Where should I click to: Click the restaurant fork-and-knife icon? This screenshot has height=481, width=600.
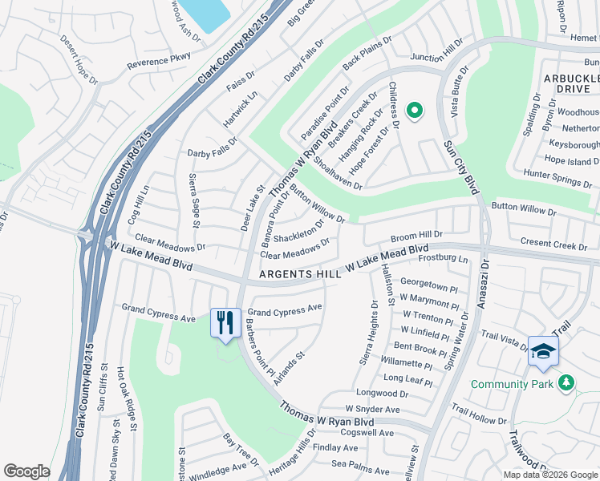[x=225, y=323]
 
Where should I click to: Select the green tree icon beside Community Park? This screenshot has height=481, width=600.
[x=567, y=383]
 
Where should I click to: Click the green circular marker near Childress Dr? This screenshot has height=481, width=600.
[x=414, y=111]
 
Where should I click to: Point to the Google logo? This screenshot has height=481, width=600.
[x=26, y=471]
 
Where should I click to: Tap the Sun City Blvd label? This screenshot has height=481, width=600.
[x=460, y=167]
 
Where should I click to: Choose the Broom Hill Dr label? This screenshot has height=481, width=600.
[x=416, y=236]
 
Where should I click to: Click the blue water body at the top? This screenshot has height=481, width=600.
[x=202, y=12]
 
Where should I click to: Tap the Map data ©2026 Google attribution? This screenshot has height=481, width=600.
[x=550, y=475]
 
